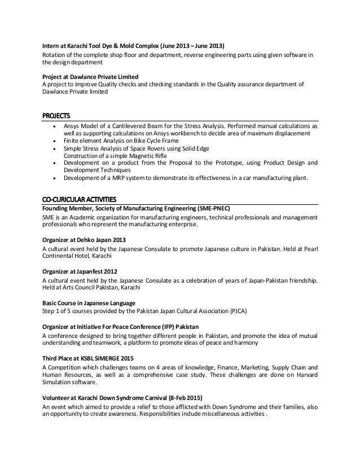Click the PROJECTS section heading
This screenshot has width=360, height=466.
58,116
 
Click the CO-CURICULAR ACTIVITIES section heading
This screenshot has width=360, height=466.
79,199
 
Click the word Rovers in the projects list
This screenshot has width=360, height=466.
154,148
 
